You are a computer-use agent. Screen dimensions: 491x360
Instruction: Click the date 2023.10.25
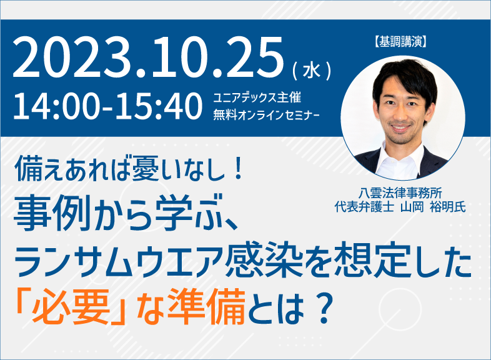(x=148, y=57)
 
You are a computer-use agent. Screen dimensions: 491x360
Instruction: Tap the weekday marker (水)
(x=312, y=71)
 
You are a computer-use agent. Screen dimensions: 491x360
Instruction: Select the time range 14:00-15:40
(x=107, y=106)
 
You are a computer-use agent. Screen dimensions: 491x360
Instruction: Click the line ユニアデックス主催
(x=257, y=97)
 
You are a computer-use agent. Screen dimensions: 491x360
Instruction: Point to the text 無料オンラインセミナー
(x=266, y=114)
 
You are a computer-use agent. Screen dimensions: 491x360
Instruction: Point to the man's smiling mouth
(x=401, y=128)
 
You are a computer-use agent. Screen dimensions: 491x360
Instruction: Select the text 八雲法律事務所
(x=400, y=193)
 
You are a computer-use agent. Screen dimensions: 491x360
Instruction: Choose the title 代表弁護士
(x=364, y=207)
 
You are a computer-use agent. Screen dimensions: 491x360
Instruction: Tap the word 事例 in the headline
(x=52, y=213)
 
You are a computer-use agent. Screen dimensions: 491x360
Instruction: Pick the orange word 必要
(x=71, y=306)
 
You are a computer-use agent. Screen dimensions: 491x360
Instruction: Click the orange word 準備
(x=206, y=306)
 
